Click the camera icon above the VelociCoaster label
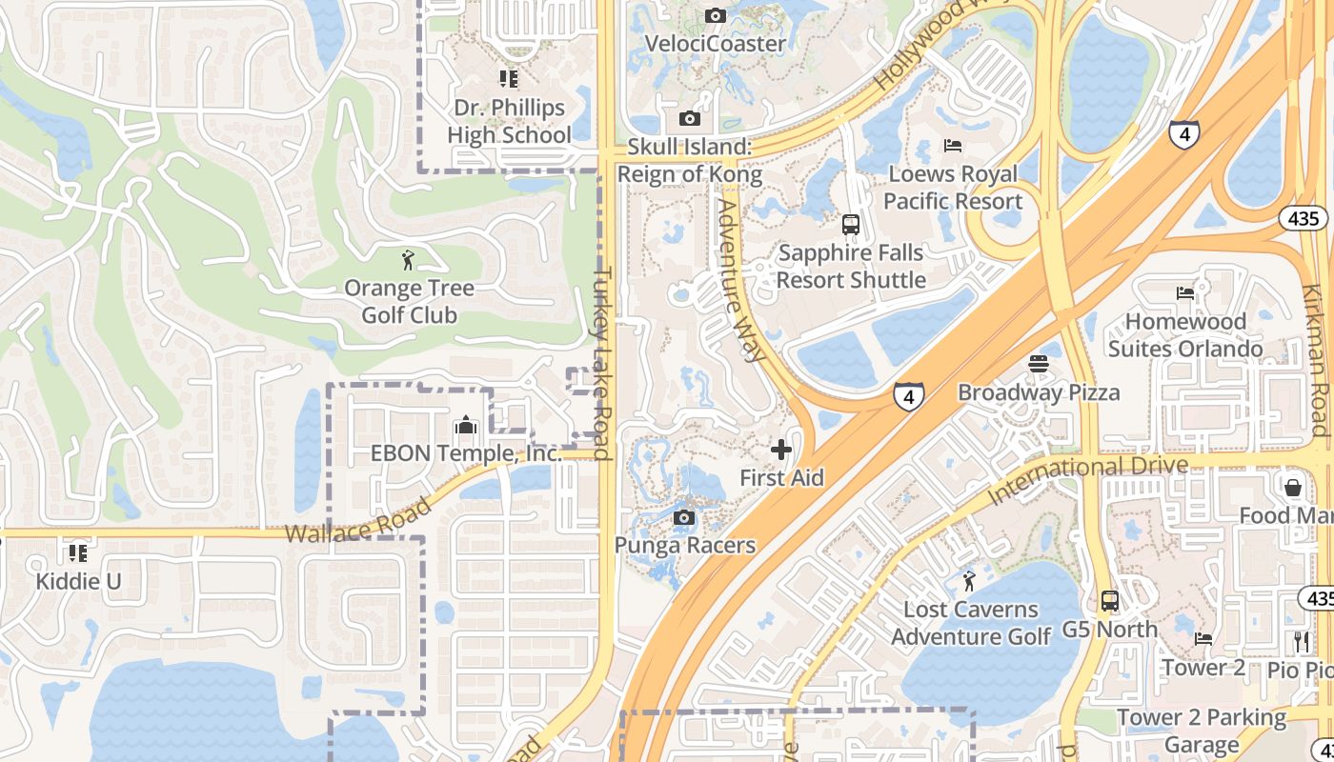[x=715, y=15]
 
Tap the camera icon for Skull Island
[x=689, y=119]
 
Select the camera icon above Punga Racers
[x=683, y=518]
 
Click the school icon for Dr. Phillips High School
[x=508, y=78]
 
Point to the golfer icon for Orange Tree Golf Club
[x=409, y=259]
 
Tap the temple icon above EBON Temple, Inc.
[x=466, y=425]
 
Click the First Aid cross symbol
[x=781, y=450]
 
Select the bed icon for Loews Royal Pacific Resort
[x=953, y=146]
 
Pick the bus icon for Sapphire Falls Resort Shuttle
[x=851, y=225]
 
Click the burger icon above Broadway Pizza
[x=1038, y=364]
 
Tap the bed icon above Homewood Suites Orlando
[x=1185, y=293]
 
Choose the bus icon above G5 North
[x=1110, y=601]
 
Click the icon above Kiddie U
[x=78, y=552]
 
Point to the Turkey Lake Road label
[x=602, y=362]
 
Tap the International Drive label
[x=1088, y=480]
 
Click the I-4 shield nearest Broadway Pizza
[x=909, y=395]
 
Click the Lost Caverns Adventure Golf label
[x=971, y=623]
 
